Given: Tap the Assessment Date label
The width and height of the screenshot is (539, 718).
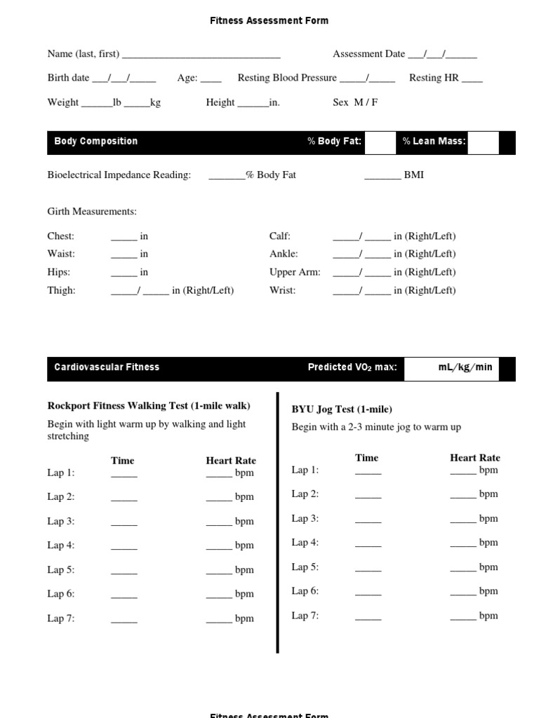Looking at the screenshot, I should pyautogui.click(x=368, y=54).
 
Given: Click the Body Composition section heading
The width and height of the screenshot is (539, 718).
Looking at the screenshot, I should pyautogui.click(x=95, y=142).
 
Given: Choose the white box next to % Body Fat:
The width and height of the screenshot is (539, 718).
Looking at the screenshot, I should pyautogui.click(x=380, y=142).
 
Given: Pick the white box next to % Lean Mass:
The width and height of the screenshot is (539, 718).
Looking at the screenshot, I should pyautogui.click(x=483, y=142).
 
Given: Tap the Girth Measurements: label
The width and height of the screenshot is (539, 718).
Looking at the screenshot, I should pyautogui.click(x=92, y=212).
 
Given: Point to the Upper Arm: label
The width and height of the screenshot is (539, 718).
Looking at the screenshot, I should pyautogui.click(x=295, y=272).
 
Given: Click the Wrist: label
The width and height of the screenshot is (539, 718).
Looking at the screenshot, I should pyautogui.click(x=282, y=290).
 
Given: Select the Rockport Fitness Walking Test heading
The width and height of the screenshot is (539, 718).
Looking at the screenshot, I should pyautogui.click(x=148, y=406).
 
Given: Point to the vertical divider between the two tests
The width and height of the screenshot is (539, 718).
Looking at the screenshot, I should pyautogui.click(x=278, y=522).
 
